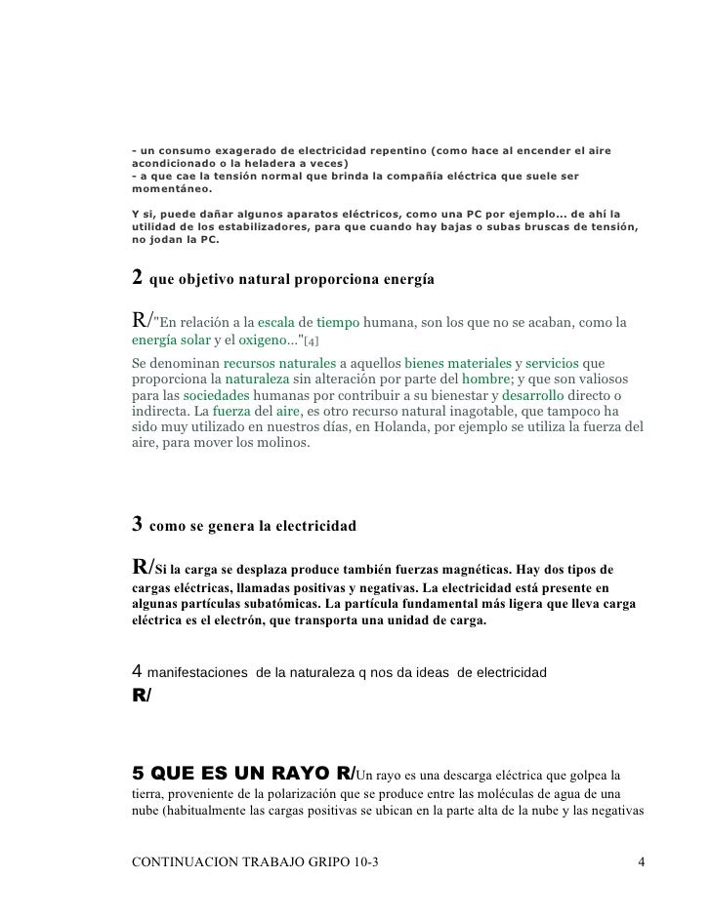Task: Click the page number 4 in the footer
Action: [x=640, y=862]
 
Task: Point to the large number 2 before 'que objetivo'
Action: [x=138, y=278]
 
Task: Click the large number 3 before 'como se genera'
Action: [x=138, y=525]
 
